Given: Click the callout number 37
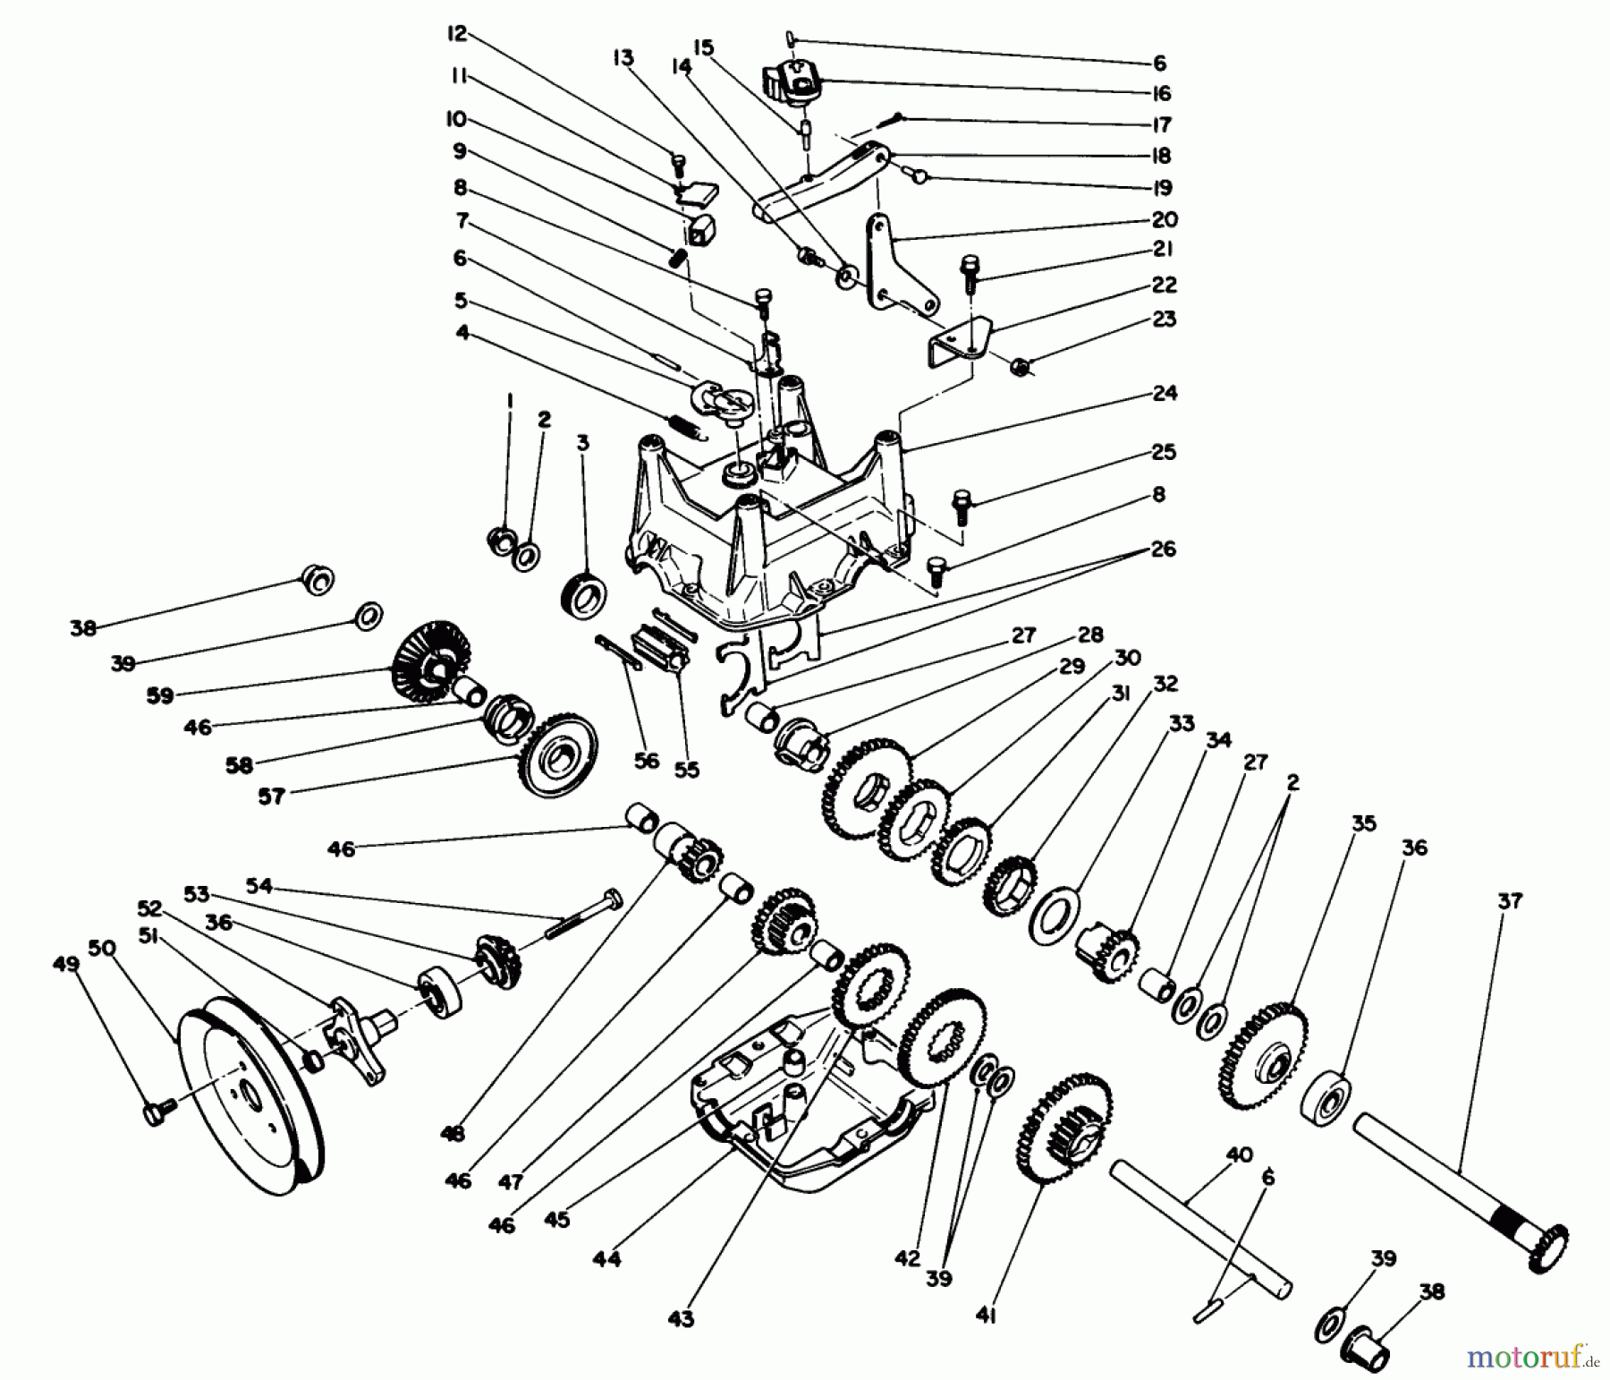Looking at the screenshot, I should point(1509,902).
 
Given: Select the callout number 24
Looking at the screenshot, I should point(1165,393).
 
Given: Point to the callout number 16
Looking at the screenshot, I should point(1161,93).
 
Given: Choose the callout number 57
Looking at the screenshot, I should point(271,796).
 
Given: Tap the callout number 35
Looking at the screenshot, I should point(1363,822).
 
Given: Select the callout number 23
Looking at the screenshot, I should point(1165,319).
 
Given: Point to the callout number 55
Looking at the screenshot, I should point(686,770).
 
